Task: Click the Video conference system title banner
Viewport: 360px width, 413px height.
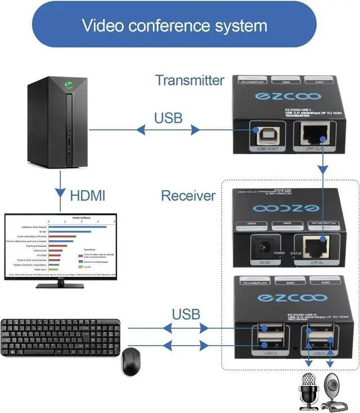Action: click(x=174, y=25)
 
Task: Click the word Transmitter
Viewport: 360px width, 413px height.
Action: click(x=189, y=80)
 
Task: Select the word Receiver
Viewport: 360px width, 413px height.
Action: click(x=188, y=196)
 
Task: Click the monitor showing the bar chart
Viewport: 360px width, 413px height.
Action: click(x=60, y=246)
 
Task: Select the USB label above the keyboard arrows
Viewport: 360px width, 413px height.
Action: click(x=186, y=313)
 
